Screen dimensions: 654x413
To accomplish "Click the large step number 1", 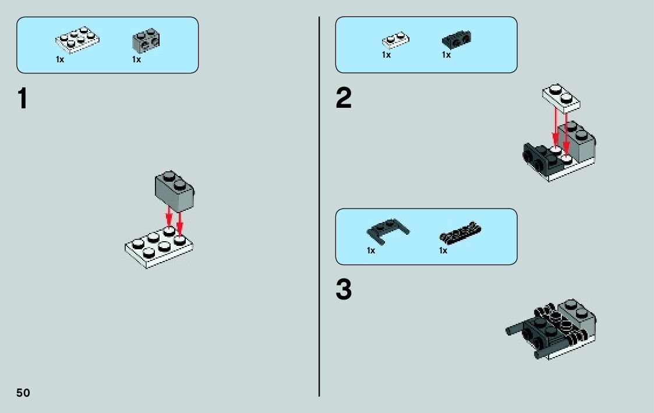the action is tap(23, 98).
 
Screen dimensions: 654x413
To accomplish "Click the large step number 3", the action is tap(344, 290).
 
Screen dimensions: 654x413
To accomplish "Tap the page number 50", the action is tap(23, 393).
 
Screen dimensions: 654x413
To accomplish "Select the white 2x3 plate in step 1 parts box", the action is tap(77, 40).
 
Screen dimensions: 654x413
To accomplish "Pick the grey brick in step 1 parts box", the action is tap(146, 40).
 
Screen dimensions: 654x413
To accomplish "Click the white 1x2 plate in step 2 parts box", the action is tap(395, 40).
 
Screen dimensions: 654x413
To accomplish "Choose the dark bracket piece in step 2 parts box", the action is tap(457, 39).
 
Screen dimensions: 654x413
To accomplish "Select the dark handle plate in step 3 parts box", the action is tap(387, 231).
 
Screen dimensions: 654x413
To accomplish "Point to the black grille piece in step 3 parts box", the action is tap(460, 232).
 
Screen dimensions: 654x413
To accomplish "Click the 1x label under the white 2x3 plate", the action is tap(60, 59).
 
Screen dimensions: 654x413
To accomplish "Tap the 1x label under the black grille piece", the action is tap(443, 250).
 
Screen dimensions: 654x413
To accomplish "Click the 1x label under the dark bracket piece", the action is tap(446, 55).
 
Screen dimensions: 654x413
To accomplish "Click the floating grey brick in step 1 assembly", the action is tap(174, 191).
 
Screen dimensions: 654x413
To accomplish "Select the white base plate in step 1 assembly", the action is tap(159, 248).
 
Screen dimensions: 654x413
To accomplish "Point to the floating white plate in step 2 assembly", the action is tap(561, 98).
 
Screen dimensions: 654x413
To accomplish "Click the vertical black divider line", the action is tap(319, 206).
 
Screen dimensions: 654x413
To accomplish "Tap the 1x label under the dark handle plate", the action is tap(371, 250).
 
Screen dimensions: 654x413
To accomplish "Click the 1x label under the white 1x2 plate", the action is tap(386, 55).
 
